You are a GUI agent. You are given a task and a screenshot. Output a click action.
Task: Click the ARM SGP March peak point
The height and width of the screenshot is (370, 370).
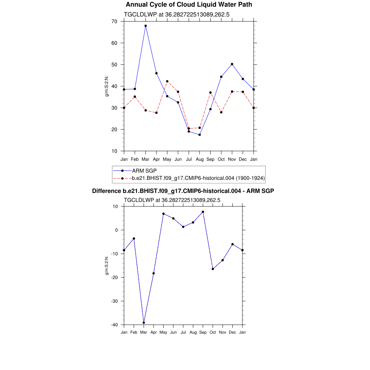[x=146, y=26]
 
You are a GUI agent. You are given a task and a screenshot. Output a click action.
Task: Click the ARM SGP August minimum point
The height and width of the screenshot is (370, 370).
[x=199, y=135]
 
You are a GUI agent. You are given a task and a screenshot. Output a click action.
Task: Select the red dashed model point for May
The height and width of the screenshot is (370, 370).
[x=167, y=81]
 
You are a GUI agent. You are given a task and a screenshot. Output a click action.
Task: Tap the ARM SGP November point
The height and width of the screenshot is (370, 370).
[x=232, y=64]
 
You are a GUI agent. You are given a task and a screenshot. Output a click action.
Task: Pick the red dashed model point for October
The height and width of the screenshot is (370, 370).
[x=221, y=112]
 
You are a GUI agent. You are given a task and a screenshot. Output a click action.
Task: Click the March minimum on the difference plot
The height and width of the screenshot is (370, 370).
[x=144, y=323]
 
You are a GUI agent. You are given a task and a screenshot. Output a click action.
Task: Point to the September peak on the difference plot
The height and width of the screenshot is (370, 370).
[x=203, y=212]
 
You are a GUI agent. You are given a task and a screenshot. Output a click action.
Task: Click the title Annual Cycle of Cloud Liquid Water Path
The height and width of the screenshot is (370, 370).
[x=189, y=5]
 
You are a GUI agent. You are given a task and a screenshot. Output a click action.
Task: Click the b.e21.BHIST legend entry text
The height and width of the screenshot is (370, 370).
[x=198, y=178]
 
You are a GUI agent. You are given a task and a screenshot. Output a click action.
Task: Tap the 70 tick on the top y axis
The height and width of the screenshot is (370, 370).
[x=114, y=21]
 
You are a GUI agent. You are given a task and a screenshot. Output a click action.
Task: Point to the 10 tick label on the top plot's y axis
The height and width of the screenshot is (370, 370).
[x=114, y=151]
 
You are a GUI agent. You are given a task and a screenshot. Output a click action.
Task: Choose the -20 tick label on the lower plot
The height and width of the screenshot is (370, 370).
[x=115, y=277]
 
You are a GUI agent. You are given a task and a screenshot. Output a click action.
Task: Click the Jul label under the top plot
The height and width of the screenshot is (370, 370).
[x=189, y=159]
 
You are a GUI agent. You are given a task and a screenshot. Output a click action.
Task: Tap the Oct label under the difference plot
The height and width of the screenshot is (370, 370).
[x=213, y=332]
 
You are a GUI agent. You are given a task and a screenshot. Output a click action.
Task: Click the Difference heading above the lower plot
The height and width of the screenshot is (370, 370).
[x=183, y=191]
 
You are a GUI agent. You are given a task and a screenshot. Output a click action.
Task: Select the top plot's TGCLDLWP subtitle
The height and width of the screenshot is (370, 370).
[x=177, y=14]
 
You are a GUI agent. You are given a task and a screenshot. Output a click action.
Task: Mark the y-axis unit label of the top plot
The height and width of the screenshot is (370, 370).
[x=107, y=86]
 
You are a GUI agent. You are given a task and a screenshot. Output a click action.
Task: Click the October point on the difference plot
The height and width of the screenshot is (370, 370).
[x=213, y=269]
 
